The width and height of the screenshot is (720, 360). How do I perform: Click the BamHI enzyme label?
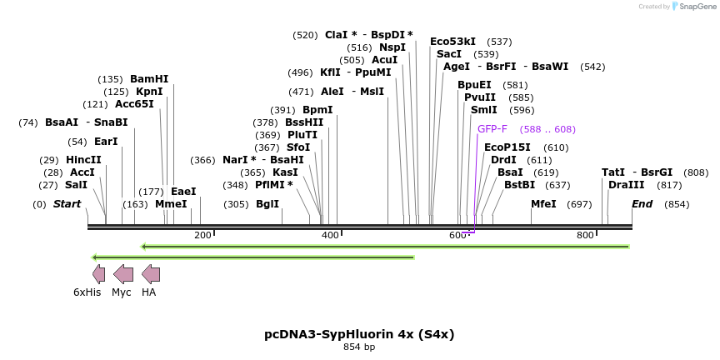coord(149,79)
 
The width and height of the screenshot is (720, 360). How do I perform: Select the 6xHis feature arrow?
coord(98,274)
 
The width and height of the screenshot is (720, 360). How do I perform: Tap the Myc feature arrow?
coord(122,274)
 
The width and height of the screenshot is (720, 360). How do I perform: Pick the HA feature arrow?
coord(150,274)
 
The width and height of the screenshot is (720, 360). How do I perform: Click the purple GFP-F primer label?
coord(492,129)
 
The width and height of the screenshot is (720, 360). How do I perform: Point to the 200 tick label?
coord(202,235)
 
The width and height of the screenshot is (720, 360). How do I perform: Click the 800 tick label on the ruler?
coord(586,235)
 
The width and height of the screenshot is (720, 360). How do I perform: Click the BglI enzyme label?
coord(267,204)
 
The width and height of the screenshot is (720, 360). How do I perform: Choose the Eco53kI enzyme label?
coord(452,41)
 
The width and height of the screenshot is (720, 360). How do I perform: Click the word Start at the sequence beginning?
coord(67,204)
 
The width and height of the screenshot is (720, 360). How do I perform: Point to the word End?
coord(642,204)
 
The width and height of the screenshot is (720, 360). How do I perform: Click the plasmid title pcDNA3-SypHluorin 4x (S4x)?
coord(359,334)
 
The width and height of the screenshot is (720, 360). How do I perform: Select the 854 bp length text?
coord(359,347)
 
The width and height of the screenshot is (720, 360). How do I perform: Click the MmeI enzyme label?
coord(171,204)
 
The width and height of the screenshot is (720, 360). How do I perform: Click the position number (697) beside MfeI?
coord(579,204)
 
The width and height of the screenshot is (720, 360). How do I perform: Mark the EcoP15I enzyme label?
coord(507,147)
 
